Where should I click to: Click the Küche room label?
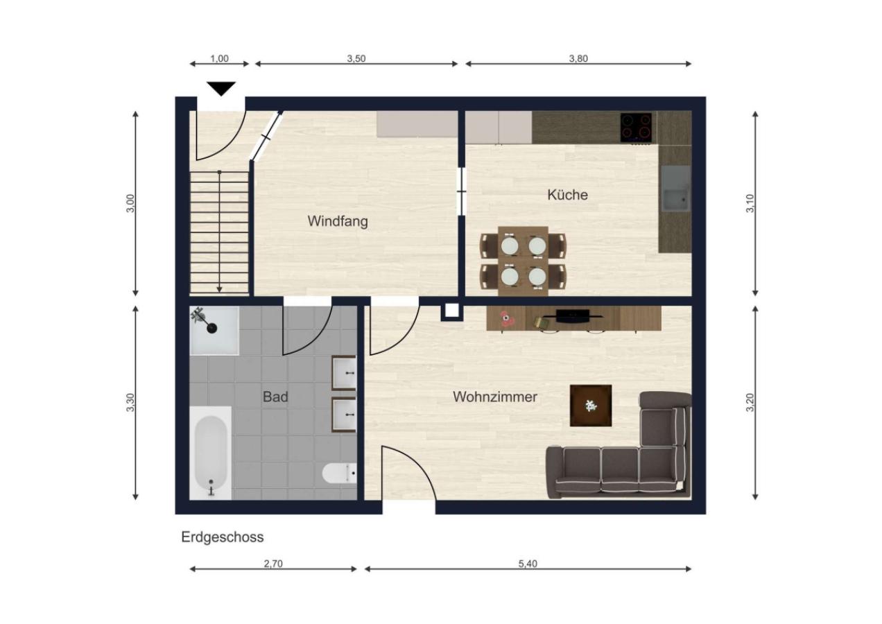(x=567, y=195)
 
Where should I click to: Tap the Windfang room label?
(x=338, y=222)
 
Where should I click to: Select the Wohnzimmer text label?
(x=495, y=397)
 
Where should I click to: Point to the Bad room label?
(x=275, y=397)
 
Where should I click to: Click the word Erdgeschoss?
(x=223, y=537)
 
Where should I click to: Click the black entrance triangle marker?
(x=221, y=89)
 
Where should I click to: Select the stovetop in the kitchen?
(x=637, y=128)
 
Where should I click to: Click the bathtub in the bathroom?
(x=211, y=452)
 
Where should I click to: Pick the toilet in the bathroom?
(x=340, y=474)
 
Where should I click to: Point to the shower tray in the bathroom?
(x=214, y=330)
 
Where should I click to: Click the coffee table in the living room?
(x=591, y=406)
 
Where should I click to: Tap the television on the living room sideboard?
(x=573, y=315)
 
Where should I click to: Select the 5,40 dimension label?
(x=528, y=564)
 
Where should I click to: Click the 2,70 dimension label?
(x=273, y=564)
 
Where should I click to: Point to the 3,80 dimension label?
(x=578, y=59)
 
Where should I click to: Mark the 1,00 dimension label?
(x=219, y=59)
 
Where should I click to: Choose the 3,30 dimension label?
(x=130, y=403)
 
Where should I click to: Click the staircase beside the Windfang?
(x=219, y=232)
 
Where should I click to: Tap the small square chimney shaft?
(x=451, y=311)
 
